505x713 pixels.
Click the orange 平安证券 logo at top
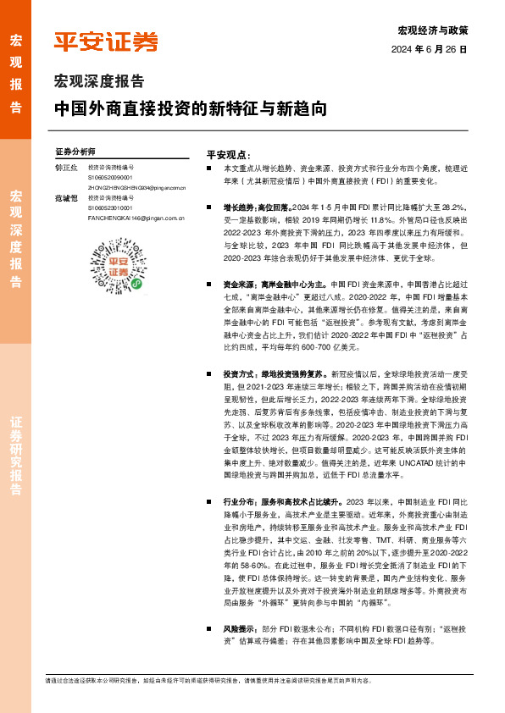pos(106,41)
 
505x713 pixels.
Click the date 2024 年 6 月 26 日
pos(429,50)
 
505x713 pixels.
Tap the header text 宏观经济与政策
pos(432,30)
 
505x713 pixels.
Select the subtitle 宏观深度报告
pos(99,82)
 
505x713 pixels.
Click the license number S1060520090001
pos(110,178)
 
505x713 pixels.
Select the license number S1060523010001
pos(110,207)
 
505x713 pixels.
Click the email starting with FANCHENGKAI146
pos(136,218)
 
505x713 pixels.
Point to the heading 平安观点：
pos(229,155)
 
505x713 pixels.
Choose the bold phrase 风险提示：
pos(241,629)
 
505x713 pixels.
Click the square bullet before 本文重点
pos(211,170)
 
